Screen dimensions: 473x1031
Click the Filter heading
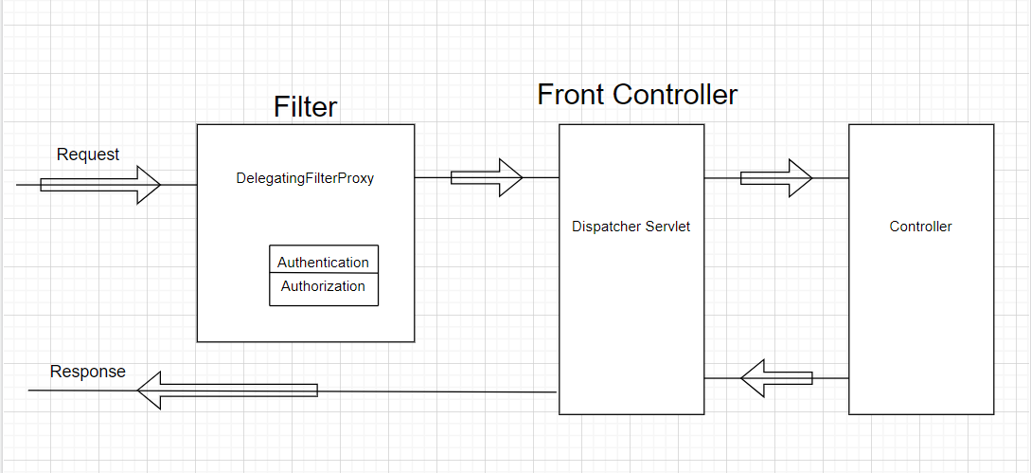click(x=305, y=106)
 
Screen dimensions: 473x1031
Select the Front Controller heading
click(x=637, y=95)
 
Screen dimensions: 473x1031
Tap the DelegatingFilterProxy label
click(x=305, y=178)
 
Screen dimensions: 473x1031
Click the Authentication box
click(x=323, y=262)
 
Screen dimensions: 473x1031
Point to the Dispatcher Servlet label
click(x=631, y=227)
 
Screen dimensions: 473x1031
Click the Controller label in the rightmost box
click(x=920, y=227)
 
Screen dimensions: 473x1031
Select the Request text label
click(x=88, y=155)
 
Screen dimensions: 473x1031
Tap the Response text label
click(x=87, y=372)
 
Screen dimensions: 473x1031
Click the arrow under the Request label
click(x=100, y=185)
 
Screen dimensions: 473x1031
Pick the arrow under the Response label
click(x=227, y=391)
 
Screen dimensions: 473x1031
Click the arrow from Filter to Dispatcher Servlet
click(x=487, y=177)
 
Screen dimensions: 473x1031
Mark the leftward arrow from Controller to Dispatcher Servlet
click(x=776, y=378)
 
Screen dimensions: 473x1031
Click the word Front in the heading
click(x=572, y=95)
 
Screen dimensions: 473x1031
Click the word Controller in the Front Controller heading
click(x=674, y=95)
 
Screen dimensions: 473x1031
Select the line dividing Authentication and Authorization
click(x=323, y=274)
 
